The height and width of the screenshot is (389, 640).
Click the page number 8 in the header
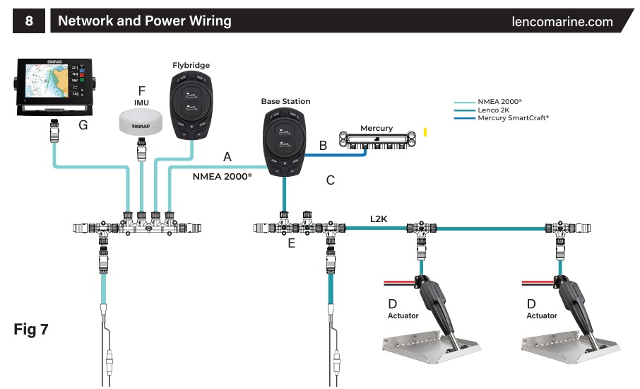[x=28, y=21]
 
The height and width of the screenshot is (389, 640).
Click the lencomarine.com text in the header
[x=562, y=21]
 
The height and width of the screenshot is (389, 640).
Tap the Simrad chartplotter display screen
[x=51, y=87]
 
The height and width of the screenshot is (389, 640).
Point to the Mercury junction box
[x=377, y=137]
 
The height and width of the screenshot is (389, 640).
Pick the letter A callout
[x=227, y=156]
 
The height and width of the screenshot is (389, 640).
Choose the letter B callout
[x=323, y=146]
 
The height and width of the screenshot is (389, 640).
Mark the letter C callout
[x=330, y=180]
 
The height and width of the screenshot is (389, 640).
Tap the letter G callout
[x=83, y=125]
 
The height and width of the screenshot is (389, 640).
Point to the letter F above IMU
[x=142, y=91]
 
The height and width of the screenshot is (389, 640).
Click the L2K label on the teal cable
[x=379, y=219]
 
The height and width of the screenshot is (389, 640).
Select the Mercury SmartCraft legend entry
[x=513, y=118]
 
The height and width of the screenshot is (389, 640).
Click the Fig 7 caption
[x=31, y=330]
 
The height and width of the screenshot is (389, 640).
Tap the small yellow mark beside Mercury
[x=425, y=132]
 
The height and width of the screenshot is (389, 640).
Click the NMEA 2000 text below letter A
[x=222, y=177]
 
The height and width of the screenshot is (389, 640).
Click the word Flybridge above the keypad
[x=191, y=65]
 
